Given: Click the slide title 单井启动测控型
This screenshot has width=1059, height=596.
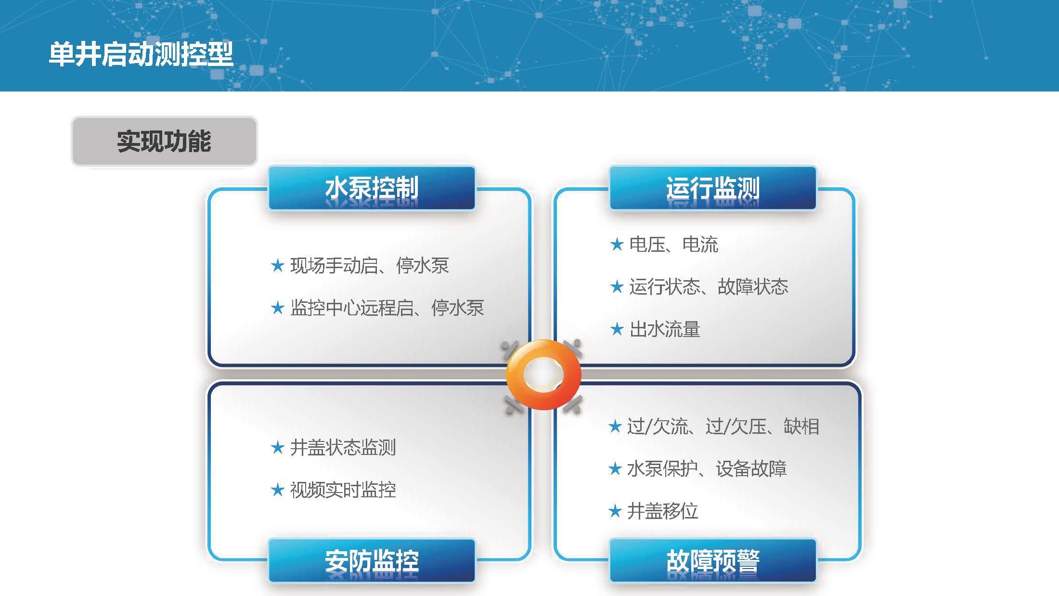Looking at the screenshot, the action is (141, 54).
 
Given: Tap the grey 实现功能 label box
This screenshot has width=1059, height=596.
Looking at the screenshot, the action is (164, 142).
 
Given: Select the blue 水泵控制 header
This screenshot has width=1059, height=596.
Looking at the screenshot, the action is (372, 188).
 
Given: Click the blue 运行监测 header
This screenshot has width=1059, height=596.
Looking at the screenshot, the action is (713, 188).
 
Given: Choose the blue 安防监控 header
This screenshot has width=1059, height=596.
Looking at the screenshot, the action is (372, 561).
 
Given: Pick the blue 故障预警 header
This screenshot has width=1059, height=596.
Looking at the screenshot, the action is (713, 561).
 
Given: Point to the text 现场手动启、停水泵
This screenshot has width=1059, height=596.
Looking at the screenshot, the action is (370, 265).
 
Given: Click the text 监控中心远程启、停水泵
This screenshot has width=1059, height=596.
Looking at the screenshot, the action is (387, 308).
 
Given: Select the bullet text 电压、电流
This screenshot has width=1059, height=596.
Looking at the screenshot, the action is (674, 245).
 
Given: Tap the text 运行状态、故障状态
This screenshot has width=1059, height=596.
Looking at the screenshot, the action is (709, 287).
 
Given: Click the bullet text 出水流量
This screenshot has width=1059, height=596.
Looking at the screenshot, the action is (665, 329).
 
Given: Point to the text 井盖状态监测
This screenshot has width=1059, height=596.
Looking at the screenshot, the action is (343, 448).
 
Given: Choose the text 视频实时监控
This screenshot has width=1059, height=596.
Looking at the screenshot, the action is (343, 490).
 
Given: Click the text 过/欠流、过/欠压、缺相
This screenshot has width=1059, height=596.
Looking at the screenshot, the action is (723, 427).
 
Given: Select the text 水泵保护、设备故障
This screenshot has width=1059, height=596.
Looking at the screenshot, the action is (707, 469).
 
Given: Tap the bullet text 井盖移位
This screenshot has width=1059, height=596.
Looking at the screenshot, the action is (662, 511).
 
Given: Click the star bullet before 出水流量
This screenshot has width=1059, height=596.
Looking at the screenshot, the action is (617, 329).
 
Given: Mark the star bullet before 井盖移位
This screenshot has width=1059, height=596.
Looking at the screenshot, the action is (615, 511).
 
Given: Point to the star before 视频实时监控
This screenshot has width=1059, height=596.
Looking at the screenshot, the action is (277, 490).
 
